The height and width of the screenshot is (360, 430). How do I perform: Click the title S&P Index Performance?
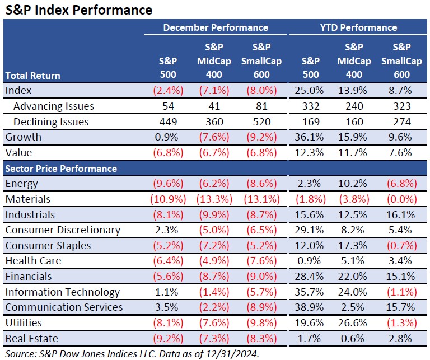(x=79, y=10)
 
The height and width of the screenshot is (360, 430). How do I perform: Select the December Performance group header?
(x=216, y=27)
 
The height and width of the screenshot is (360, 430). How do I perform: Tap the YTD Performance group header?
(x=358, y=27)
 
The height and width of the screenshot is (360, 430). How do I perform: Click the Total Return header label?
(x=32, y=76)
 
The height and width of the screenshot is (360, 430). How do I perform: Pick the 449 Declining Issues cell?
(x=168, y=121)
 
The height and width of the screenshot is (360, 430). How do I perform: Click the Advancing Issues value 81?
(x=261, y=106)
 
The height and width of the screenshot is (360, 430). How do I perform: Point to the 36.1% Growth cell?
(x=309, y=137)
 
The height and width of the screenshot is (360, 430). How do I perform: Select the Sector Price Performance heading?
(x=61, y=169)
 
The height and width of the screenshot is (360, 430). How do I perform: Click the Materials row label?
(x=28, y=199)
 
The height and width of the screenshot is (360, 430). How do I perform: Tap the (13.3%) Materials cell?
(x=214, y=199)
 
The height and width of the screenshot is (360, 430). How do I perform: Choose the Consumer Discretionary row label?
(x=63, y=230)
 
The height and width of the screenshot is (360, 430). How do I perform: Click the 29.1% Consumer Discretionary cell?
(x=309, y=230)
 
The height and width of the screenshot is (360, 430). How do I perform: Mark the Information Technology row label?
(x=63, y=292)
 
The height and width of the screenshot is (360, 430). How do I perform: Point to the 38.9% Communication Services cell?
(x=309, y=307)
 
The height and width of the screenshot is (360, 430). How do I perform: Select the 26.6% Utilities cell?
(x=352, y=322)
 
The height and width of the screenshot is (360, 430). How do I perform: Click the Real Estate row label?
(x=32, y=338)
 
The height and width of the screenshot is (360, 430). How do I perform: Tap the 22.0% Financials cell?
(x=352, y=277)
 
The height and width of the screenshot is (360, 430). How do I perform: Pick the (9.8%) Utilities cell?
(x=261, y=322)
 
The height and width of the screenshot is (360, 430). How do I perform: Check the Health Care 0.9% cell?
(x=309, y=260)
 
